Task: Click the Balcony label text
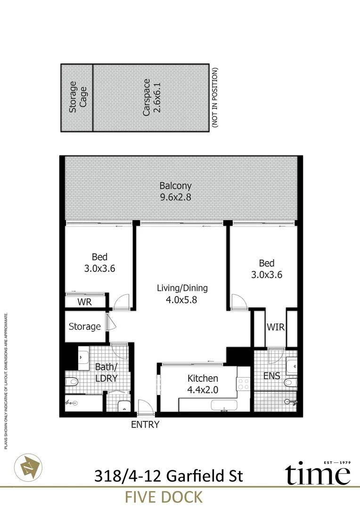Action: pos(175,186)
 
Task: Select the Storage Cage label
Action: pos(78,97)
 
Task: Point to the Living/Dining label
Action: pos(182,288)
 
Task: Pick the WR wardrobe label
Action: pos(85,302)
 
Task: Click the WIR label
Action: pos(276,327)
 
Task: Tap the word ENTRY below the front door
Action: pos(145,425)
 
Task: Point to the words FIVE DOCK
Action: pos(164,497)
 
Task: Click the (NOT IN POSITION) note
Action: pos(215,98)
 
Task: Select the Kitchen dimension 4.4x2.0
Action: pos(203,389)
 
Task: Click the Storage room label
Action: pos(85,326)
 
